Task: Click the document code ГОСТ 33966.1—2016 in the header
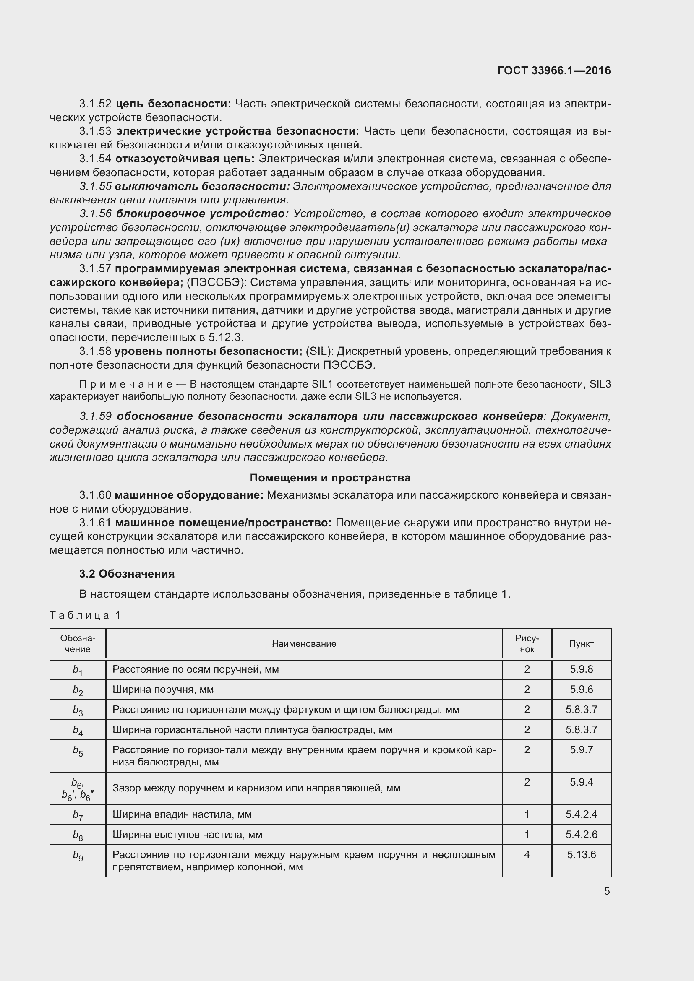tap(554, 70)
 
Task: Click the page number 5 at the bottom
tap(607, 891)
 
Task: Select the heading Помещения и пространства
tap(330, 477)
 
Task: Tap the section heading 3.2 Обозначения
tap(127, 573)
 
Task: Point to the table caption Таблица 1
tap(85, 615)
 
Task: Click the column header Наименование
tap(304, 643)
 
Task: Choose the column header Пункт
tap(581, 643)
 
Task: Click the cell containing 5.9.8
tap(581, 669)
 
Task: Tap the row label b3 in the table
tap(78, 710)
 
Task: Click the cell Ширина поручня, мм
tap(163, 689)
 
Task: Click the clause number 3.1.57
tap(95, 268)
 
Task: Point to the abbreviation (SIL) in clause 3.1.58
tap(319, 351)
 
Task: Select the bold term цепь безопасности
tap(173, 104)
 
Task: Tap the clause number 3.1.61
tap(95, 523)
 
